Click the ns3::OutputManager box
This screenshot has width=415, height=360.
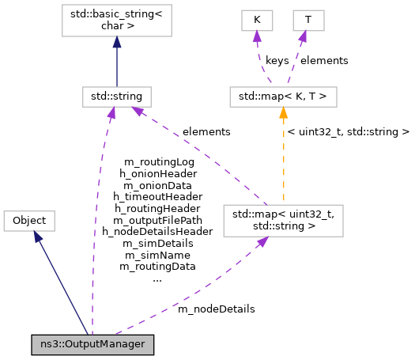(x=92, y=345)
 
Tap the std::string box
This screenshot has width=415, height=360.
(x=116, y=97)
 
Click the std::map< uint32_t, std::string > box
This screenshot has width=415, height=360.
(x=283, y=221)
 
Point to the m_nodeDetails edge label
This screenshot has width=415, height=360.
(x=216, y=309)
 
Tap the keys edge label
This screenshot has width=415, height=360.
(x=277, y=60)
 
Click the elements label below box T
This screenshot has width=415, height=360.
(x=325, y=60)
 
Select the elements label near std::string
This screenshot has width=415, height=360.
(x=206, y=131)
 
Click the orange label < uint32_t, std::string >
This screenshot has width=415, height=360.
(x=349, y=131)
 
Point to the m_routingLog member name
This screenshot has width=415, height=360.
(x=157, y=161)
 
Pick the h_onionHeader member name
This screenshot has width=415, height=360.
(x=157, y=173)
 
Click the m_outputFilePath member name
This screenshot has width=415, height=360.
(x=157, y=220)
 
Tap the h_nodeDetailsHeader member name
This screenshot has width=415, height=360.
(x=157, y=232)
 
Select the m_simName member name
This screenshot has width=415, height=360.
(x=157, y=255)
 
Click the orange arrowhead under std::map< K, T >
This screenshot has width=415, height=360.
(x=283, y=113)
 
